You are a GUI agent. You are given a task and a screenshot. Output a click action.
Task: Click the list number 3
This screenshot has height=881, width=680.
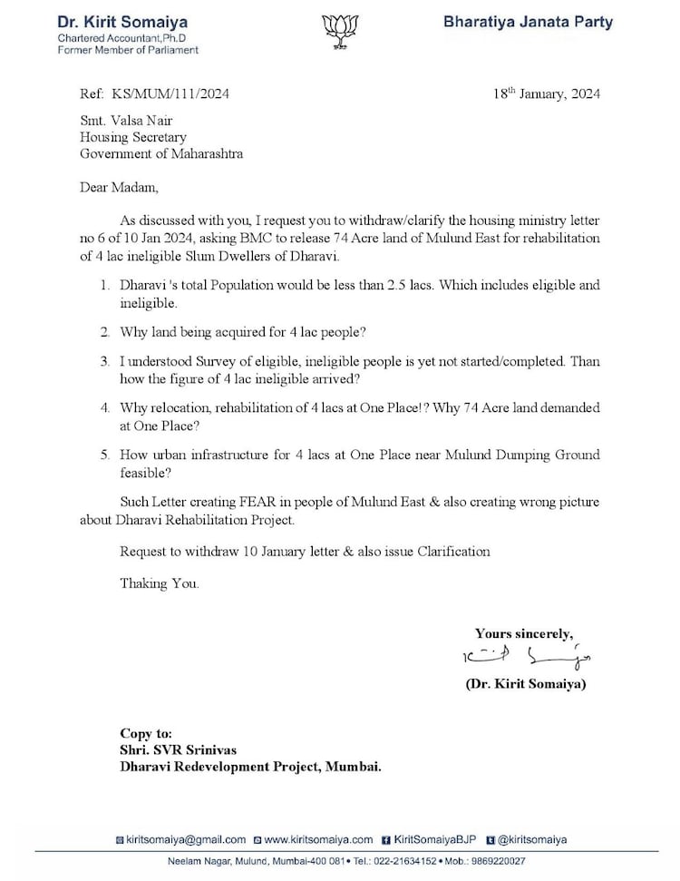[104, 361]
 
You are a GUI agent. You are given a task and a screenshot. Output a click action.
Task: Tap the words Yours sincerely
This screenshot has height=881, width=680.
[523, 633]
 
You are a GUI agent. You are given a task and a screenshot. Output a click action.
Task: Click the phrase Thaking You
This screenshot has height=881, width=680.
[159, 583]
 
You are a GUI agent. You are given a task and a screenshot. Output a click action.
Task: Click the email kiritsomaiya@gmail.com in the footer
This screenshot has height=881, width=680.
[187, 839]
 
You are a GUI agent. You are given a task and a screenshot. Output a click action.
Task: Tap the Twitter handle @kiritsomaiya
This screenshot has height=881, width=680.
[532, 839]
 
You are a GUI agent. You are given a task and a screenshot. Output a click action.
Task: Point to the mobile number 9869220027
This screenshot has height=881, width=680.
[492, 861]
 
